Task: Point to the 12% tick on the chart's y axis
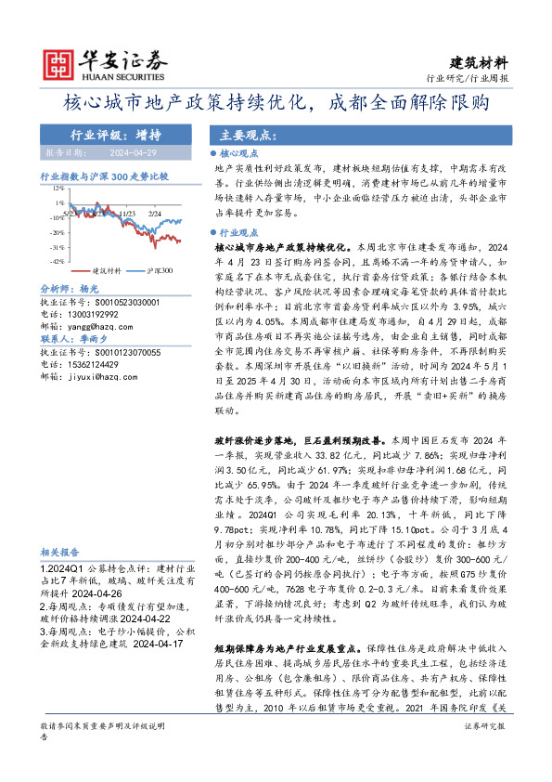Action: click(58, 189)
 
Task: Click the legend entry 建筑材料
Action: click(108, 271)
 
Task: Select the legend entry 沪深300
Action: click(159, 271)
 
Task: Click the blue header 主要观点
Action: click(241, 135)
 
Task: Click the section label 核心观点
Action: click(244, 153)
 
